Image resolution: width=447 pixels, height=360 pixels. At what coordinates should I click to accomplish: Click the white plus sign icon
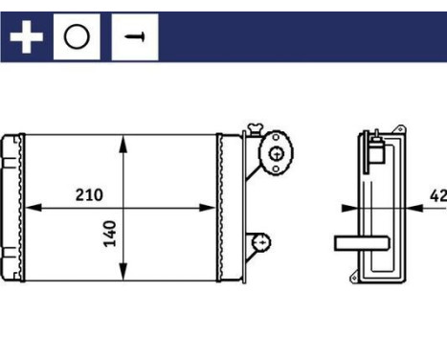click(x=27, y=37)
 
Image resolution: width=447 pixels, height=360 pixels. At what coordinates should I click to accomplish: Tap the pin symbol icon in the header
click(x=134, y=37)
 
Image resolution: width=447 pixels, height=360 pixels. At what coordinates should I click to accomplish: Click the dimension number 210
click(x=89, y=194)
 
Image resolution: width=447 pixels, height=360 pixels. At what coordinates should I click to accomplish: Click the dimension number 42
click(x=437, y=195)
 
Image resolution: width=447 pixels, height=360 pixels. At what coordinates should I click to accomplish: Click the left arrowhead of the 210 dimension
click(x=29, y=207)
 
